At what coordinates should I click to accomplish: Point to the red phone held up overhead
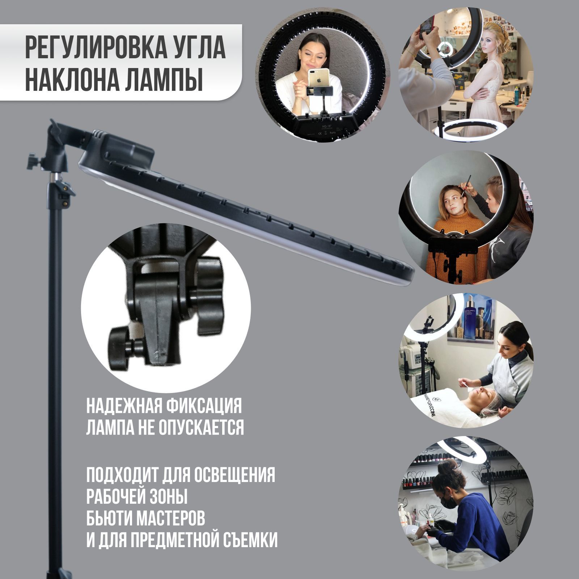428,25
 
